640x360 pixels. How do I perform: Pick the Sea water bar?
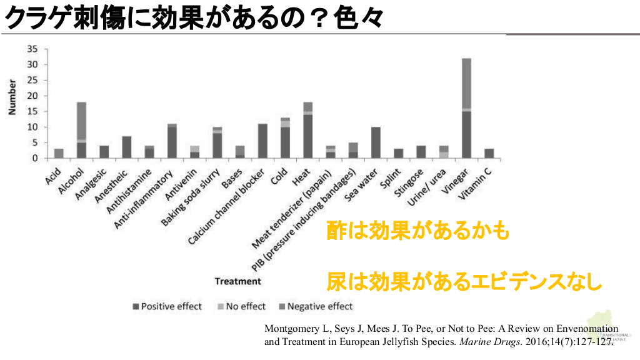click(x=376, y=142)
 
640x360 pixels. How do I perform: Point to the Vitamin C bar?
click(x=489, y=154)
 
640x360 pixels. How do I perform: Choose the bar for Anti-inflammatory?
click(x=172, y=141)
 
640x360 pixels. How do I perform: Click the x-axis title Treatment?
click(x=238, y=281)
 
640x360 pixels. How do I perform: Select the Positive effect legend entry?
click(x=167, y=306)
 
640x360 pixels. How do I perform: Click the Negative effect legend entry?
click(x=315, y=306)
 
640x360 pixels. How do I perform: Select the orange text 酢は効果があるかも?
click(x=417, y=231)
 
